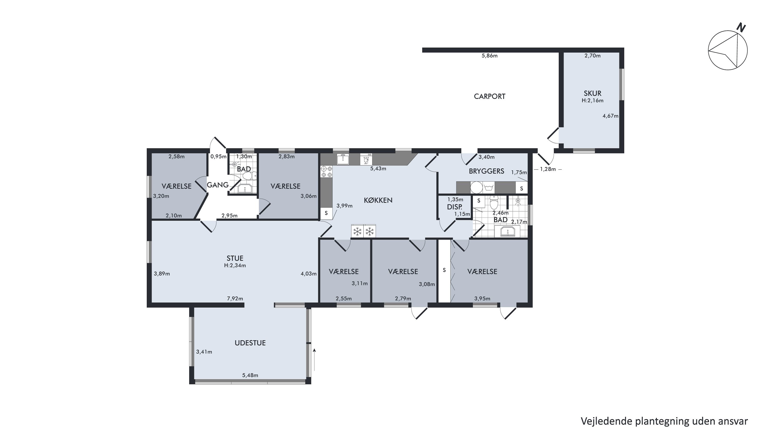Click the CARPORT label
pos(490,96)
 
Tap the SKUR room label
pos(592,93)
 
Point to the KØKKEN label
pos(378,200)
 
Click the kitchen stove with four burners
pos(327,172)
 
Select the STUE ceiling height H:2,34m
pos(235,265)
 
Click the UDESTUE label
pos(250,343)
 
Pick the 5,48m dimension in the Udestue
pos(250,375)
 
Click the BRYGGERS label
pos(487,171)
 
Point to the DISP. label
pos(455,207)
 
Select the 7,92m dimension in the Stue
pos(235,299)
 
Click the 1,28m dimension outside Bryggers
pos(548,169)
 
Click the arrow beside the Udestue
pos(314,364)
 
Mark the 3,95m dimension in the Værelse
pos(482,299)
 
